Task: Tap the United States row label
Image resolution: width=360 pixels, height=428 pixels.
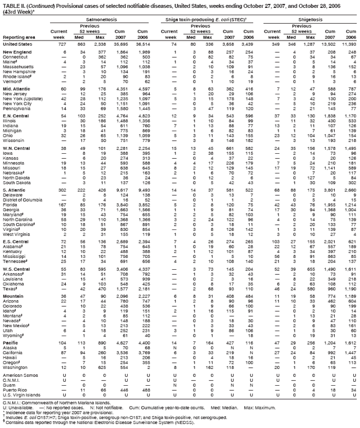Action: [x=17, y=43]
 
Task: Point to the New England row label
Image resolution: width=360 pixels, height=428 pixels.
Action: [x=17, y=51]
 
